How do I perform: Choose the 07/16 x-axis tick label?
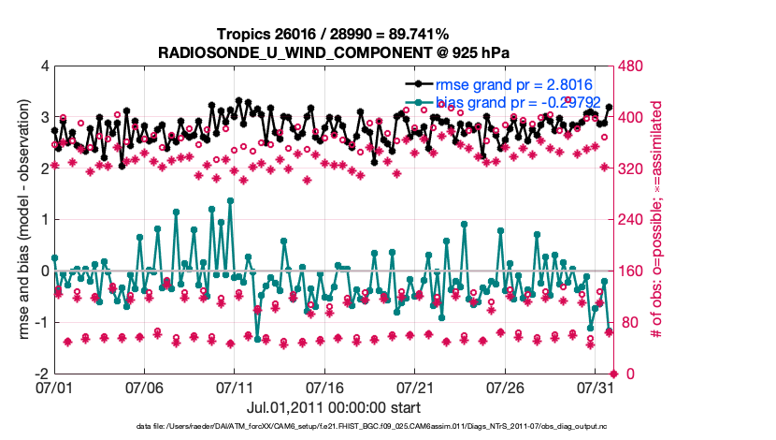(x=325, y=387)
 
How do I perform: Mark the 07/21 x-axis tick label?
(x=416, y=387)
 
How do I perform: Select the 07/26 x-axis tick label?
(x=506, y=387)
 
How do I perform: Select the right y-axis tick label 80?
(x=625, y=323)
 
